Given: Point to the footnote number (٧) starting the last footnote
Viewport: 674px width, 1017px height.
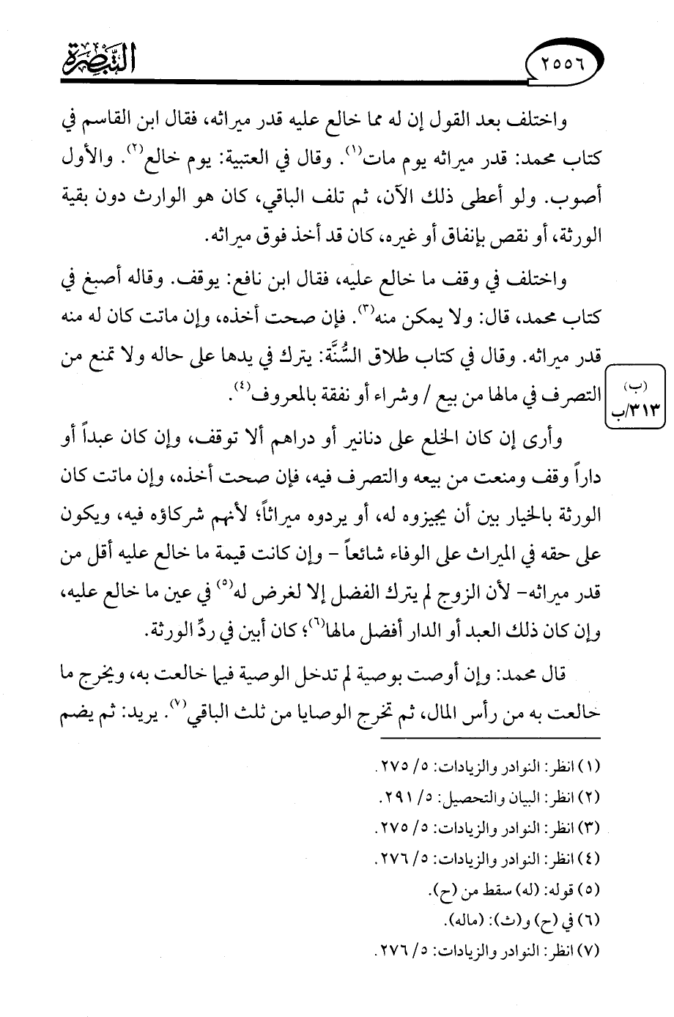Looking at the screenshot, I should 588,951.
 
